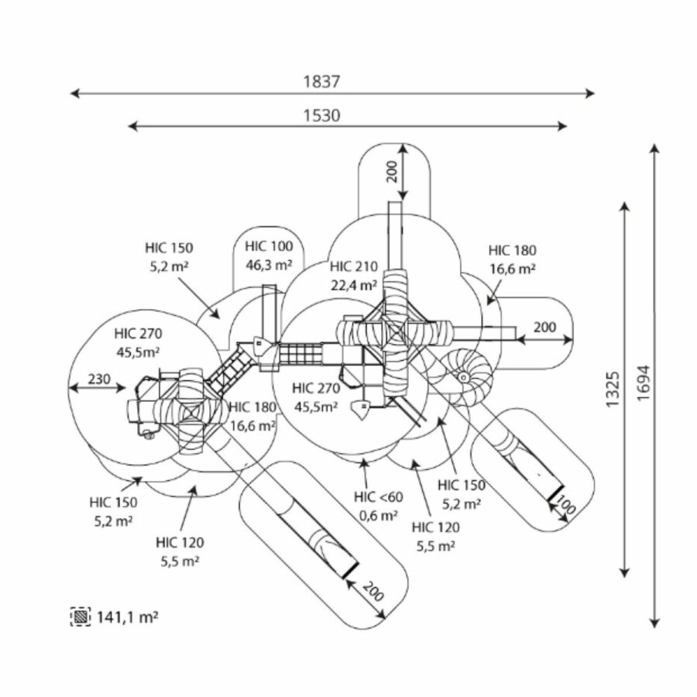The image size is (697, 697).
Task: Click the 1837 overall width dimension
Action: click(x=322, y=81)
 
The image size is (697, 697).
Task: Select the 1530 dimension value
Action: click(x=322, y=115)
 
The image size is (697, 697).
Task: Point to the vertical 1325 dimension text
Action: click(x=613, y=390)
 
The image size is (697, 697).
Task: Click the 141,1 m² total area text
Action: click(x=128, y=616)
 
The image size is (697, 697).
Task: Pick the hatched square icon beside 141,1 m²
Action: click(x=81, y=616)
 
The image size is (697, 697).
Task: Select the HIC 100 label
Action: click(x=269, y=247)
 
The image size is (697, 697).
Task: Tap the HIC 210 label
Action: click(x=353, y=266)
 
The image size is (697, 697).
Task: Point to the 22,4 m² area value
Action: click(x=353, y=284)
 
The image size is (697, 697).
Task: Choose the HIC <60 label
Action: click(x=379, y=496)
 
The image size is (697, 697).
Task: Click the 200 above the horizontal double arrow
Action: click(x=544, y=328)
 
